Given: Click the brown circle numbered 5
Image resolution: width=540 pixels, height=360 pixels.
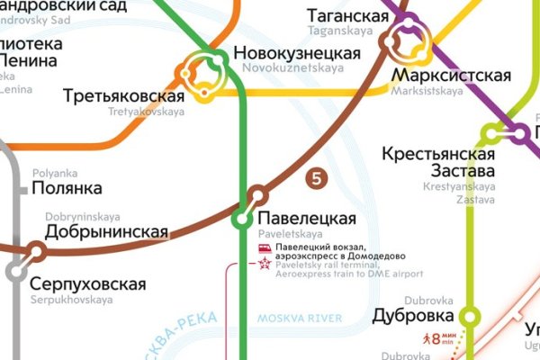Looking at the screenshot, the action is (x=315, y=178).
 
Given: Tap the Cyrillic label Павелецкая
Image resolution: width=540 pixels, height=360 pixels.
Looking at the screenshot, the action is (x=307, y=219).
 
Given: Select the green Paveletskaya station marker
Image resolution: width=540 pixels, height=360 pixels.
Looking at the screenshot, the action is (x=241, y=219).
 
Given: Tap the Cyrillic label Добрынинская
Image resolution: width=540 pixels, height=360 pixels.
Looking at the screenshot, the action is (x=106, y=232).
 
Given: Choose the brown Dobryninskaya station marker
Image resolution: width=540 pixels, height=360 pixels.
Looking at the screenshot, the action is (x=37, y=250).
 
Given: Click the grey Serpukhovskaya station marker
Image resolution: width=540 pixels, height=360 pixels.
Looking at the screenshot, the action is (x=15, y=271).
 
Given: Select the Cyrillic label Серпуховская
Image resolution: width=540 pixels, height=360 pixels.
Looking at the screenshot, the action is (x=87, y=284).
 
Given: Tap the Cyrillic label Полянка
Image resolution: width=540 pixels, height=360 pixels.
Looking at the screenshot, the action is (x=67, y=188).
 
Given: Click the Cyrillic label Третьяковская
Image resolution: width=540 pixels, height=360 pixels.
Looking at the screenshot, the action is (x=124, y=96).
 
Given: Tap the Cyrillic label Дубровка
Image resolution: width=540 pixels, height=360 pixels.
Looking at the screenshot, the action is (x=412, y=316).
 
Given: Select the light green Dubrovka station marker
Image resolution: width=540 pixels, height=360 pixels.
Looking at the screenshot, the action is (x=469, y=316).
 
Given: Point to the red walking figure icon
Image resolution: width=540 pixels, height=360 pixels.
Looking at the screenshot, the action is (x=426, y=339).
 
